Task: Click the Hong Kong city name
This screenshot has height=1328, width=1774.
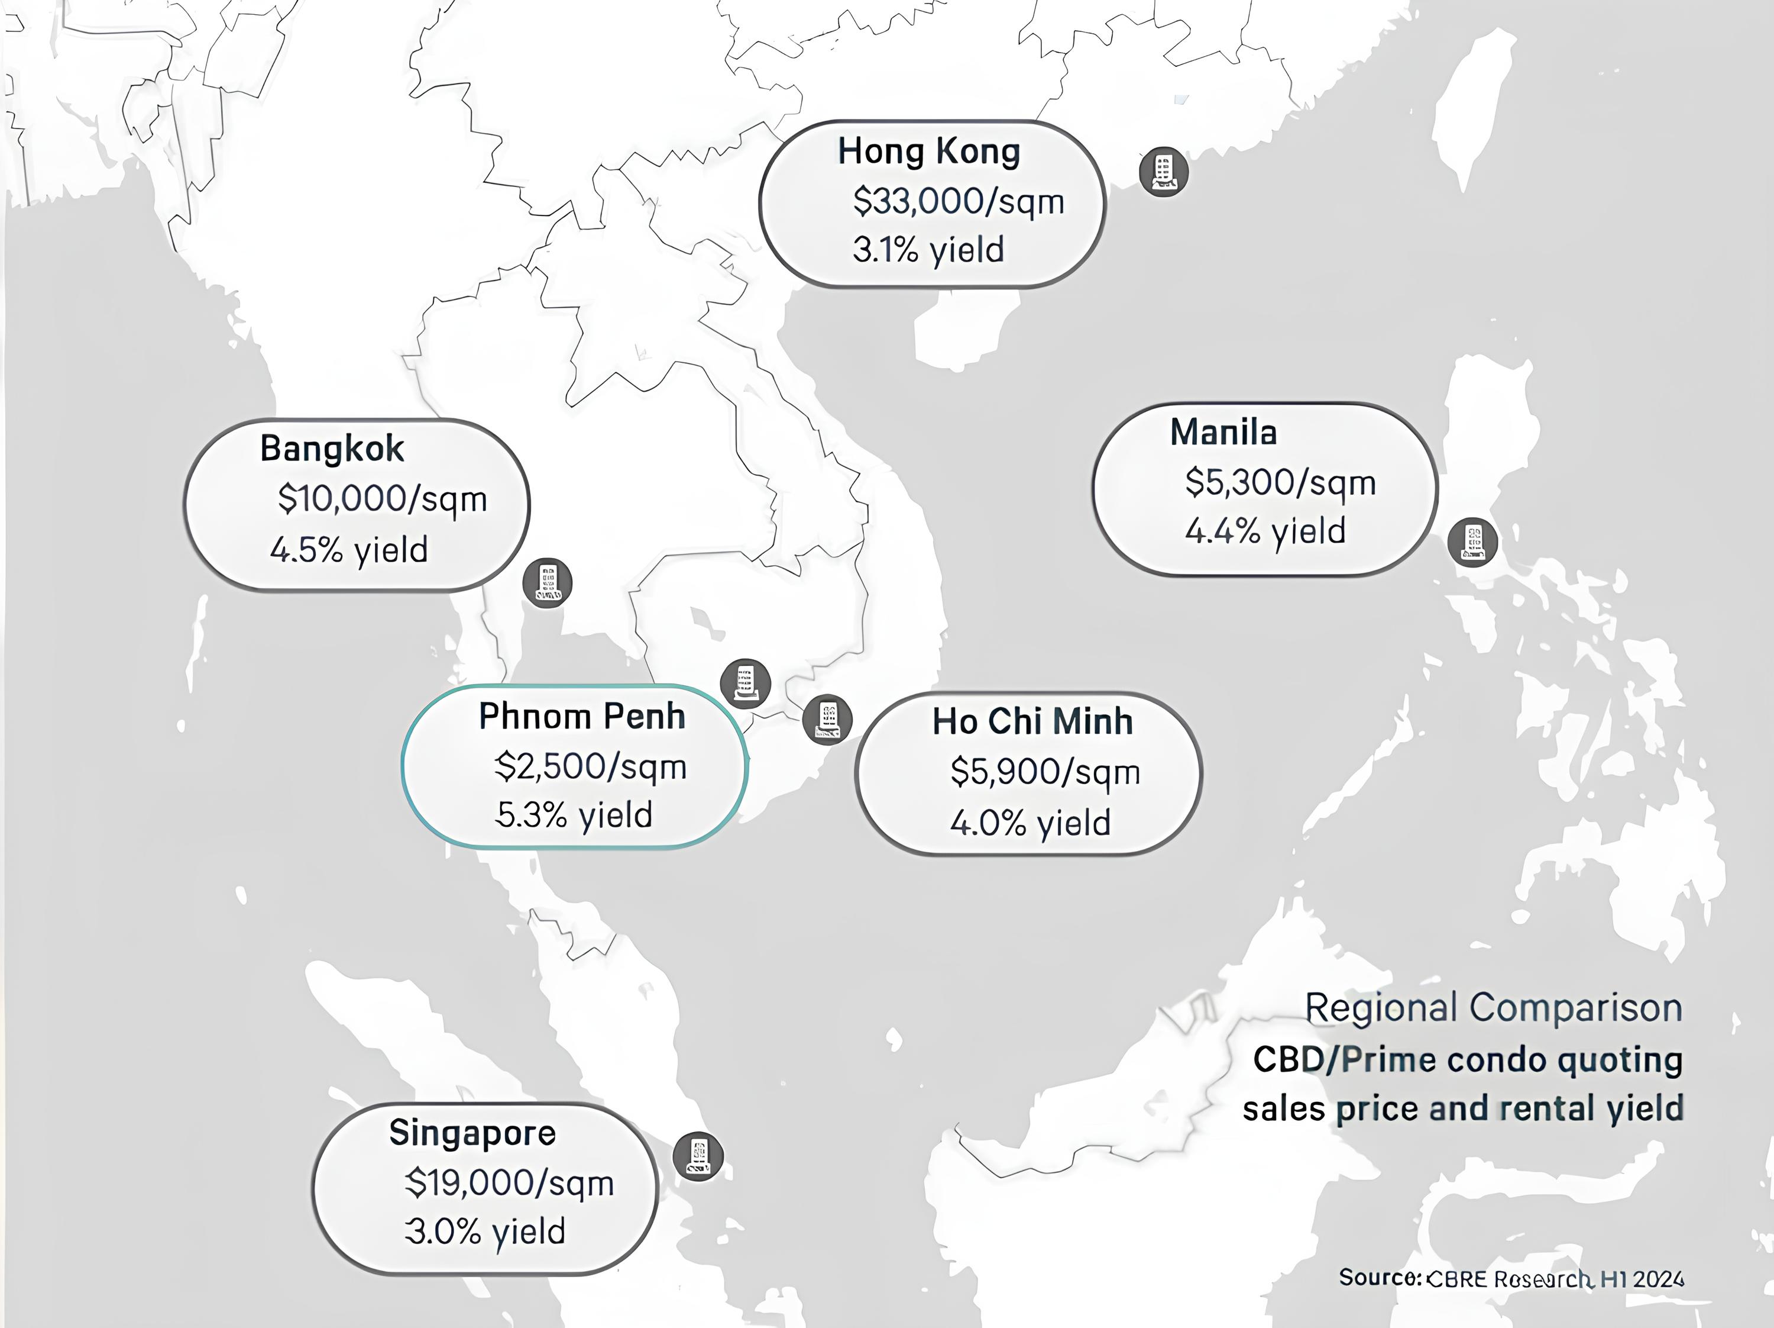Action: (x=929, y=152)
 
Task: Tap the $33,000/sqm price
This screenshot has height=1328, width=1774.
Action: (x=959, y=201)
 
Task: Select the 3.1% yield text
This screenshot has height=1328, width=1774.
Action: (x=928, y=250)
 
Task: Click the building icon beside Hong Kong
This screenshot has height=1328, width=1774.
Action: (x=1164, y=172)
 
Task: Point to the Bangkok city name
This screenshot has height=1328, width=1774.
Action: (x=332, y=449)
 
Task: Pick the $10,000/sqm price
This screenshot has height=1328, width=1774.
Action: (x=383, y=499)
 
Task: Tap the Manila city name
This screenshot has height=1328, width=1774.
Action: (x=1223, y=433)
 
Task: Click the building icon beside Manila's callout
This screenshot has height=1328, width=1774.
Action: (x=1472, y=543)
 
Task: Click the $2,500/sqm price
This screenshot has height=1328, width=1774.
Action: (x=590, y=767)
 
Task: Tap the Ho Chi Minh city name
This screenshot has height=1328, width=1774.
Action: (x=1032, y=722)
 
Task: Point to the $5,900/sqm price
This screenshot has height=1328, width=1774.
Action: (x=1045, y=772)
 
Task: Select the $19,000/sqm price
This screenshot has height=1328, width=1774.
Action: (x=509, y=1183)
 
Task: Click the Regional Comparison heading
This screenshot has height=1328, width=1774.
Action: (x=1493, y=1008)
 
